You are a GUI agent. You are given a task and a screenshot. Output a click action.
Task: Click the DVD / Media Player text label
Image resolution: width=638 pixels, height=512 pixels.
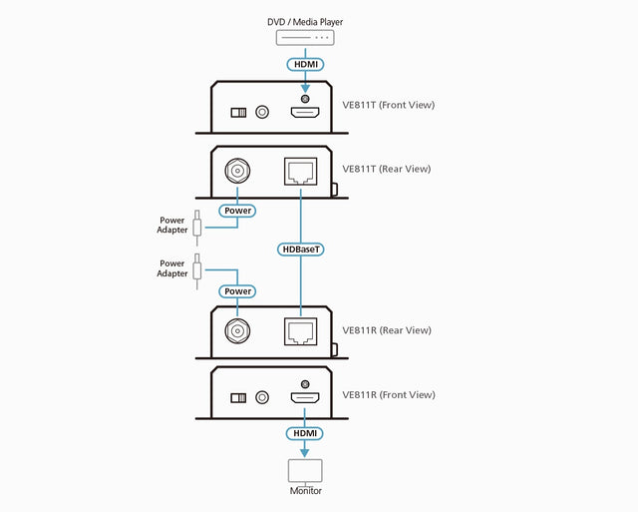pyautogui.click(x=305, y=22)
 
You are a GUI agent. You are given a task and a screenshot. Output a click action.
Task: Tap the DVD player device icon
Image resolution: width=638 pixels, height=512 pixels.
pyautogui.click(x=305, y=39)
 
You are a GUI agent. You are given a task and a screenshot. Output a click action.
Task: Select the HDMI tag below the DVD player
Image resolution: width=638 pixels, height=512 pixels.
pyautogui.click(x=305, y=65)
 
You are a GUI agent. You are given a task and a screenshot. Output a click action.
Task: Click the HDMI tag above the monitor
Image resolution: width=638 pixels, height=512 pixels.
pyautogui.click(x=305, y=433)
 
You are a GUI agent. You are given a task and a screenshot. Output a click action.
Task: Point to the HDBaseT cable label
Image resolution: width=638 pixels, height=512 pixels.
pyautogui.click(x=301, y=249)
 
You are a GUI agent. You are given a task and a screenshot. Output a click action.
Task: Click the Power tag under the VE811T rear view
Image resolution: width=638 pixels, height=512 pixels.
pyautogui.click(x=237, y=211)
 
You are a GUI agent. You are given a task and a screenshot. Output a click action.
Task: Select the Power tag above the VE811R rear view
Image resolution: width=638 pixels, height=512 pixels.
pyautogui.click(x=237, y=291)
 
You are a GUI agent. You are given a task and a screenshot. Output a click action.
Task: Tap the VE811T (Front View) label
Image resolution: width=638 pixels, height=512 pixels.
pyautogui.click(x=388, y=105)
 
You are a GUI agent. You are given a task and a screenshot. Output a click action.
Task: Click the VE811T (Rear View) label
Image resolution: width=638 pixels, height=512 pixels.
pyautogui.click(x=386, y=169)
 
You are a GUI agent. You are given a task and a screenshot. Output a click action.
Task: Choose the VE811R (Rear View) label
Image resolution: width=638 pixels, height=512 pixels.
pyautogui.click(x=386, y=330)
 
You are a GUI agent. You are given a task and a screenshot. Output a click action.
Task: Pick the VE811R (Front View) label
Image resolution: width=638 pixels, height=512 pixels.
pyautogui.click(x=388, y=395)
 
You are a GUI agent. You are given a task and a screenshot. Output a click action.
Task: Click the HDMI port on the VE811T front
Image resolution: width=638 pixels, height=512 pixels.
pyautogui.click(x=305, y=114)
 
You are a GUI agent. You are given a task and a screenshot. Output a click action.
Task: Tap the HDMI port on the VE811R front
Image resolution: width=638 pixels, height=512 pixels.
pyautogui.click(x=305, y=398)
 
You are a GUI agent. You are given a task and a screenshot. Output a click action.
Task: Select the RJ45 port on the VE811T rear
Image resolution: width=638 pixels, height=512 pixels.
pyautogui.click(x=301, y=171)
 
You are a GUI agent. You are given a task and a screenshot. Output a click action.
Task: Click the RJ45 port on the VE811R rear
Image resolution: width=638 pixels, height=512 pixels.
pyautogui.click(x=301, y=332)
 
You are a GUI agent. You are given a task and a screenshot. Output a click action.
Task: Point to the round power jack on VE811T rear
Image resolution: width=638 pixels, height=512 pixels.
pyautogui.click(x=237, y=171)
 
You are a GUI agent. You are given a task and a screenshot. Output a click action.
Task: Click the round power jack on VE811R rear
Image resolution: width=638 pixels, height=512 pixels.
pyautogui.click(x=237, y=332)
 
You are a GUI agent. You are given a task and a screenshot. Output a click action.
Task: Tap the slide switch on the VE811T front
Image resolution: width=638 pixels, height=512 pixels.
pyautogui.click(x=237, y=114)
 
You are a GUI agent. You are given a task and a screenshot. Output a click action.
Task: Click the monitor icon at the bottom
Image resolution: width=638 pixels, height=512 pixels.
pyautogui.click(x=305, y=470)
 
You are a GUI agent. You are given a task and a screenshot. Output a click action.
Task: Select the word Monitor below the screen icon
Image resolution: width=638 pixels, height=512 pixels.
pyautogui.click(x=305, y=490)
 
